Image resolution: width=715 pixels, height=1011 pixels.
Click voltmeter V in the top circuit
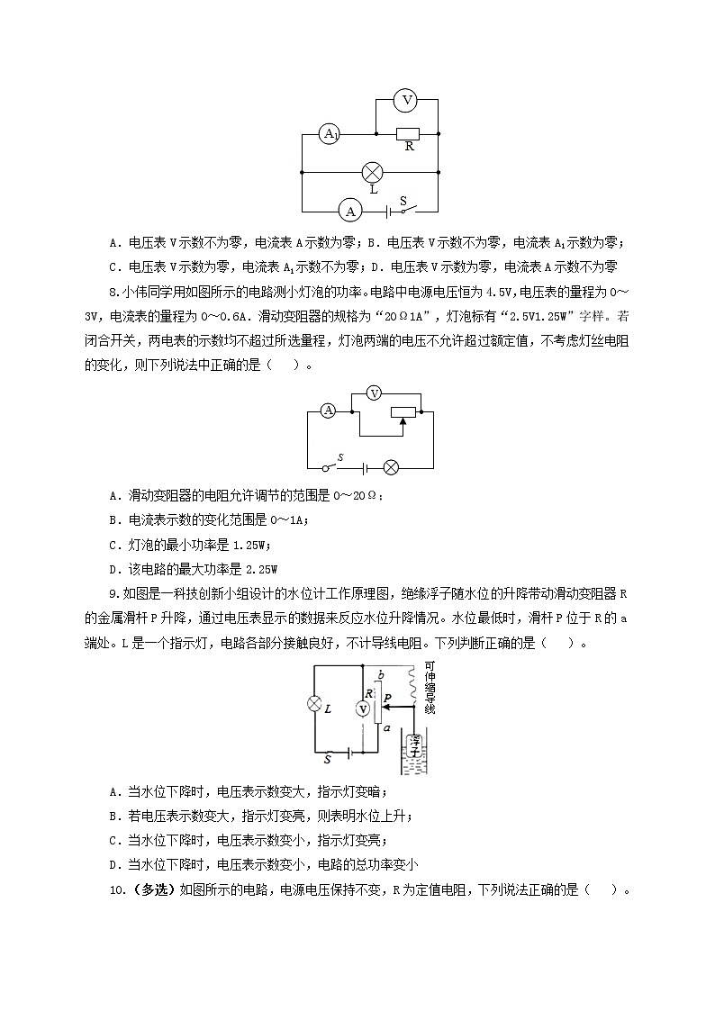[407, 100]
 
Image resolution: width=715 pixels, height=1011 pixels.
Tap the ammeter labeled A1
[330, 134]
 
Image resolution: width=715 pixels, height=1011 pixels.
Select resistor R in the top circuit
[409, 134]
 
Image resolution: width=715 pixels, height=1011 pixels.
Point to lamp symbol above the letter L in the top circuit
[372, 171]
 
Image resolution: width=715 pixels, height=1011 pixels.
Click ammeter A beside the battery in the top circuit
[348, 211]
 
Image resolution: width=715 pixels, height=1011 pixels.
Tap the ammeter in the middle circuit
[329, 411]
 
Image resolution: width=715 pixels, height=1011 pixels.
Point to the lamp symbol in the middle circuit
[392, 467]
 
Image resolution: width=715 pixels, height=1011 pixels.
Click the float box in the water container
[413, 745]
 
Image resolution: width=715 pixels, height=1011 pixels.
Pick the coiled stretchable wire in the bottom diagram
[413, 689]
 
